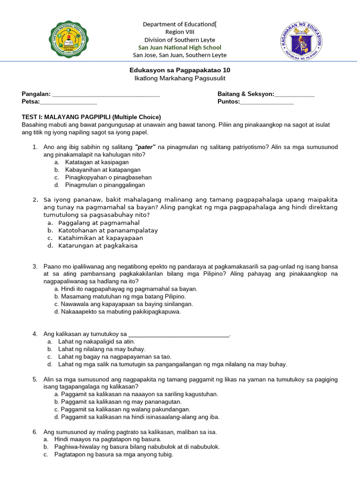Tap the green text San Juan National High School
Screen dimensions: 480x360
(180, 47)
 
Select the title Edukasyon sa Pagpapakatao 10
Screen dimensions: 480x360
(180, 70)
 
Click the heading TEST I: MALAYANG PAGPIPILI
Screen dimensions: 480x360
(91, 117)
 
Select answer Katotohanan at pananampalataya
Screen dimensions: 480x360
(108, 230)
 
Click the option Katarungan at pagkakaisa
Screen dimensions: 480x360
(97, 245)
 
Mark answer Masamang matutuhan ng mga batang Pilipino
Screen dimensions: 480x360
(120, 296)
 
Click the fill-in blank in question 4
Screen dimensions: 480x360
(179, 334)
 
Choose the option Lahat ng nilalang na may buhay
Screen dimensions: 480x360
(102, 349)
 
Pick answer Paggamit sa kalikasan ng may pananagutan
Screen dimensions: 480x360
(118, 402)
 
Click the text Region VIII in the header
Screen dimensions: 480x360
(180, 32)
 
